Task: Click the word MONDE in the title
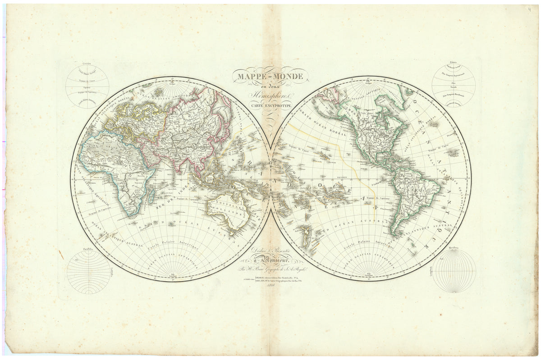pyautogui.click(x=287, y=76)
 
